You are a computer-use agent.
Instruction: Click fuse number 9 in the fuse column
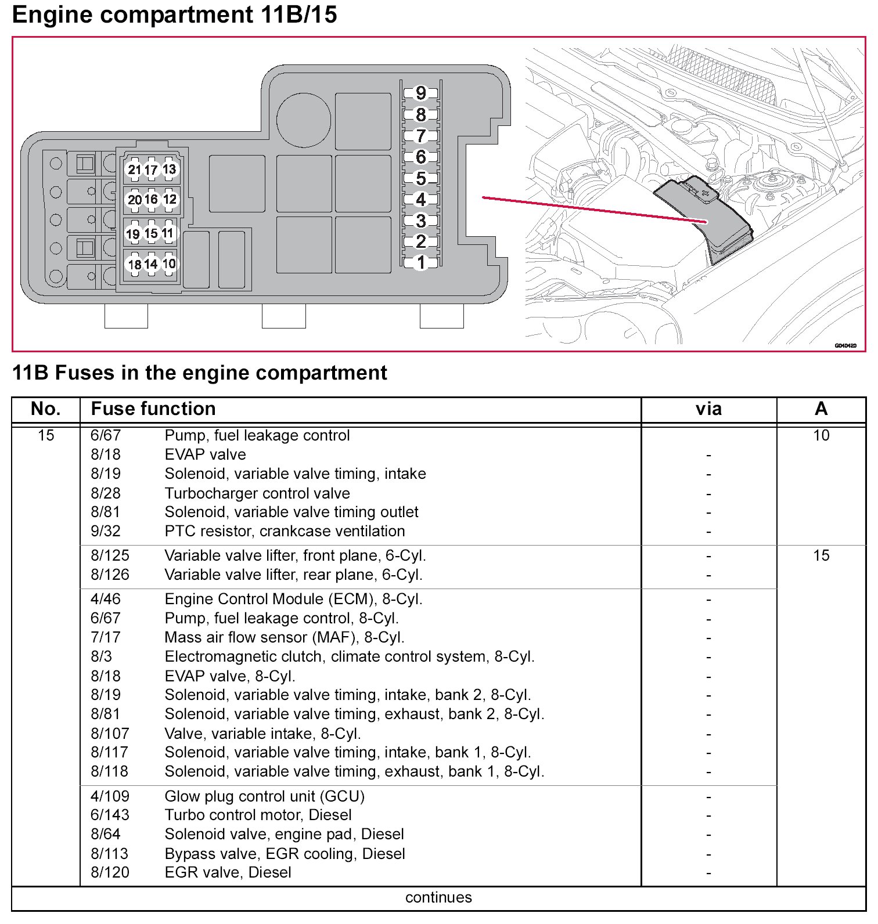tap(421, 93)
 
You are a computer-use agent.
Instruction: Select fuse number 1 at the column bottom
tap(421, 262)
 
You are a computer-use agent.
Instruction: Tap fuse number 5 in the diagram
tap(421, 178)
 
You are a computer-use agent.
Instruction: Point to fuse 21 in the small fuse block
tap(134, 169)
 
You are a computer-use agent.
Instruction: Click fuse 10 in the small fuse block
tap(169, 264)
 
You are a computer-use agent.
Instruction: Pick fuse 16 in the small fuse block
tap(151, 199)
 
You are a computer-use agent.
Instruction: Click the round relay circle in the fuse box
tap(304, 120)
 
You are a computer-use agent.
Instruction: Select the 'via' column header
tap(708, 409)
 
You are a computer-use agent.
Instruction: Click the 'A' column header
tap(821, 409)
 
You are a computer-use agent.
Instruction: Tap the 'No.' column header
tap(45, 409)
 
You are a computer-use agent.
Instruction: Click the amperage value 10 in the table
tap(821, 435)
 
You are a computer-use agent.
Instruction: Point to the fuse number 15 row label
tap(45, 435)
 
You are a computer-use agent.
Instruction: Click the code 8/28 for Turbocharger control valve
tap(106, 493)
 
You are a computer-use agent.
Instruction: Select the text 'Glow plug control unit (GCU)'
tap(264, 796)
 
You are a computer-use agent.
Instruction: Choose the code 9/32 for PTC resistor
tap(106, 531)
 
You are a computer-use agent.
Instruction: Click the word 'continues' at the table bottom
tap(438, 897)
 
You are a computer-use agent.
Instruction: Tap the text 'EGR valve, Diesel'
tap(228, 872)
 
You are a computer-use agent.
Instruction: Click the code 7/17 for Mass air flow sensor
tap(106, 637)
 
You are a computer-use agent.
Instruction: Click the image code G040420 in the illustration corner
tap(845, 345)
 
